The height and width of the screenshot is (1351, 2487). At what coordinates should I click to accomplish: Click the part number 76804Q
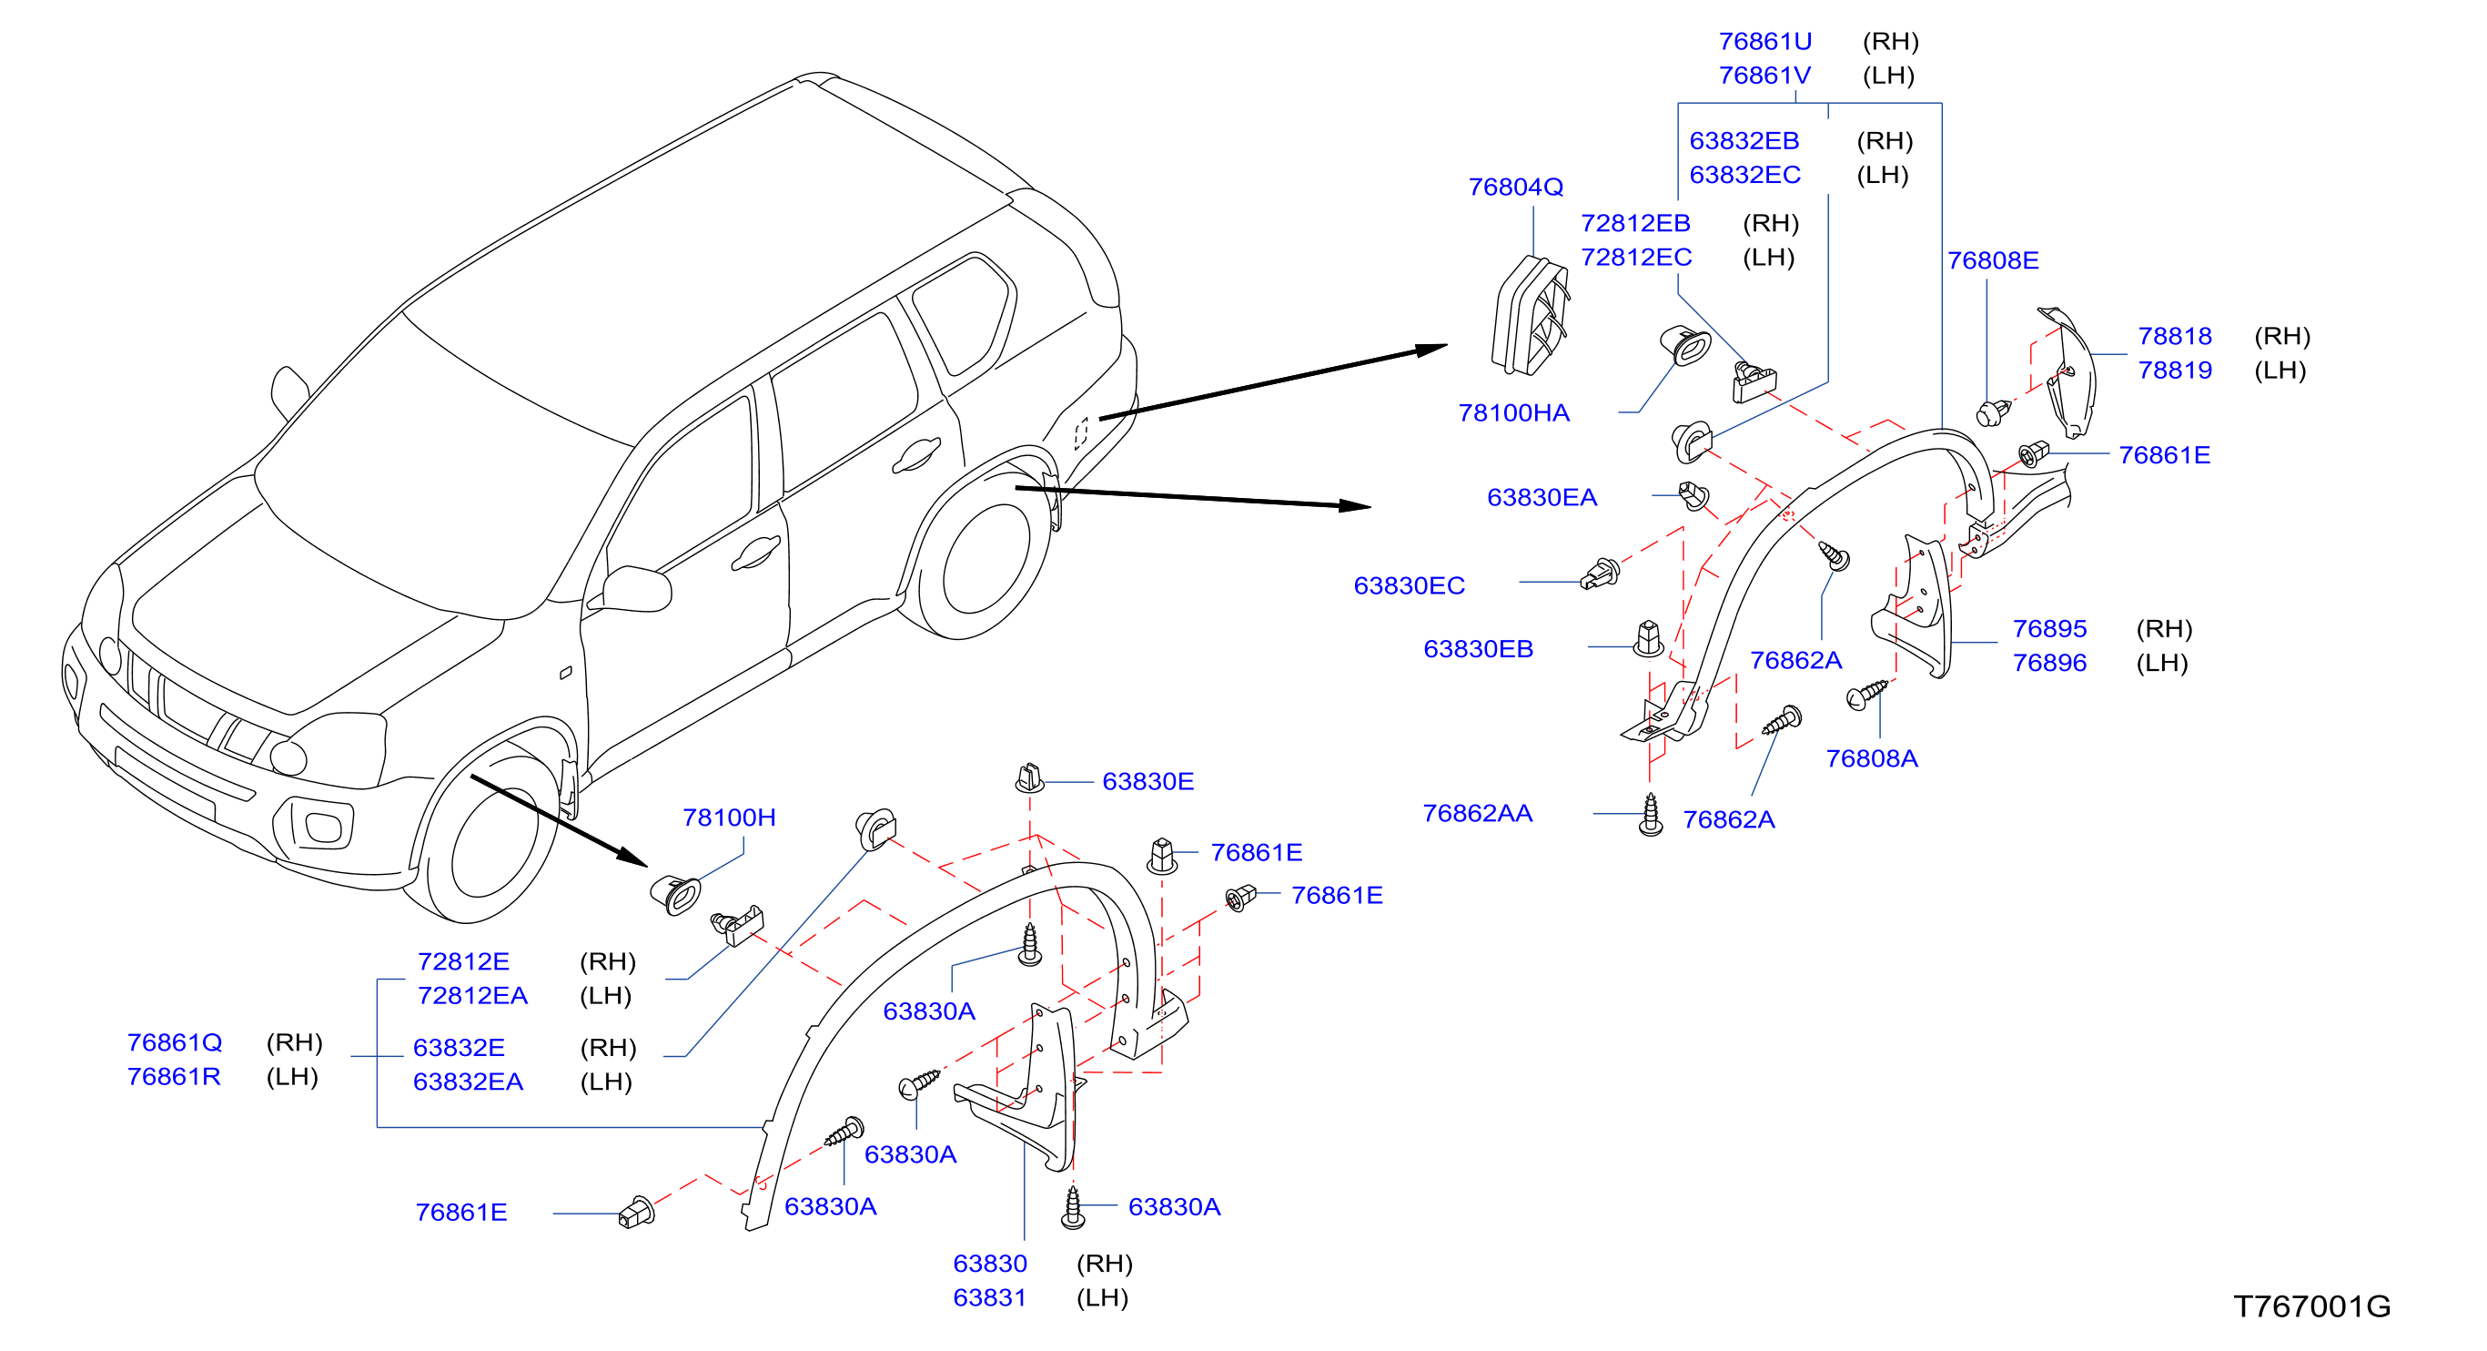point(1515,187)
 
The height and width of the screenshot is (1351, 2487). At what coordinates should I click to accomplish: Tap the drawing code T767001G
point(2311,1305)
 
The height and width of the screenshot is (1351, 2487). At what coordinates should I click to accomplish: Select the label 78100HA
point(1513,412)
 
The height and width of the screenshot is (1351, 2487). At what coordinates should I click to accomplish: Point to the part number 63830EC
point(1409,585)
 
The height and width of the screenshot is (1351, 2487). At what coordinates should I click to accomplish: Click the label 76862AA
point(1477,813)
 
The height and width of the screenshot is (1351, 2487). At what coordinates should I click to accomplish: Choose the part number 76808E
point(1993,259)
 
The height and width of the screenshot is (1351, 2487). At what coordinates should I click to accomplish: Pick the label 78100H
point(729,817)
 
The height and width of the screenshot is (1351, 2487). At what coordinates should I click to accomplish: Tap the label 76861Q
point(175,1042)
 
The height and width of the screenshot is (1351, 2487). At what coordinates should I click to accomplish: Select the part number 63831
point(989,1297)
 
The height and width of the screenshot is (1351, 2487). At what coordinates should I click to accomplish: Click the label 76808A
point(1871,758)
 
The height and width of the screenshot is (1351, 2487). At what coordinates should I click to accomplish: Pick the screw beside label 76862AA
point(1651,815)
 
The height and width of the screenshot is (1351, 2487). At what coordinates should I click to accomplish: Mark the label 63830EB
point(1478,649)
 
